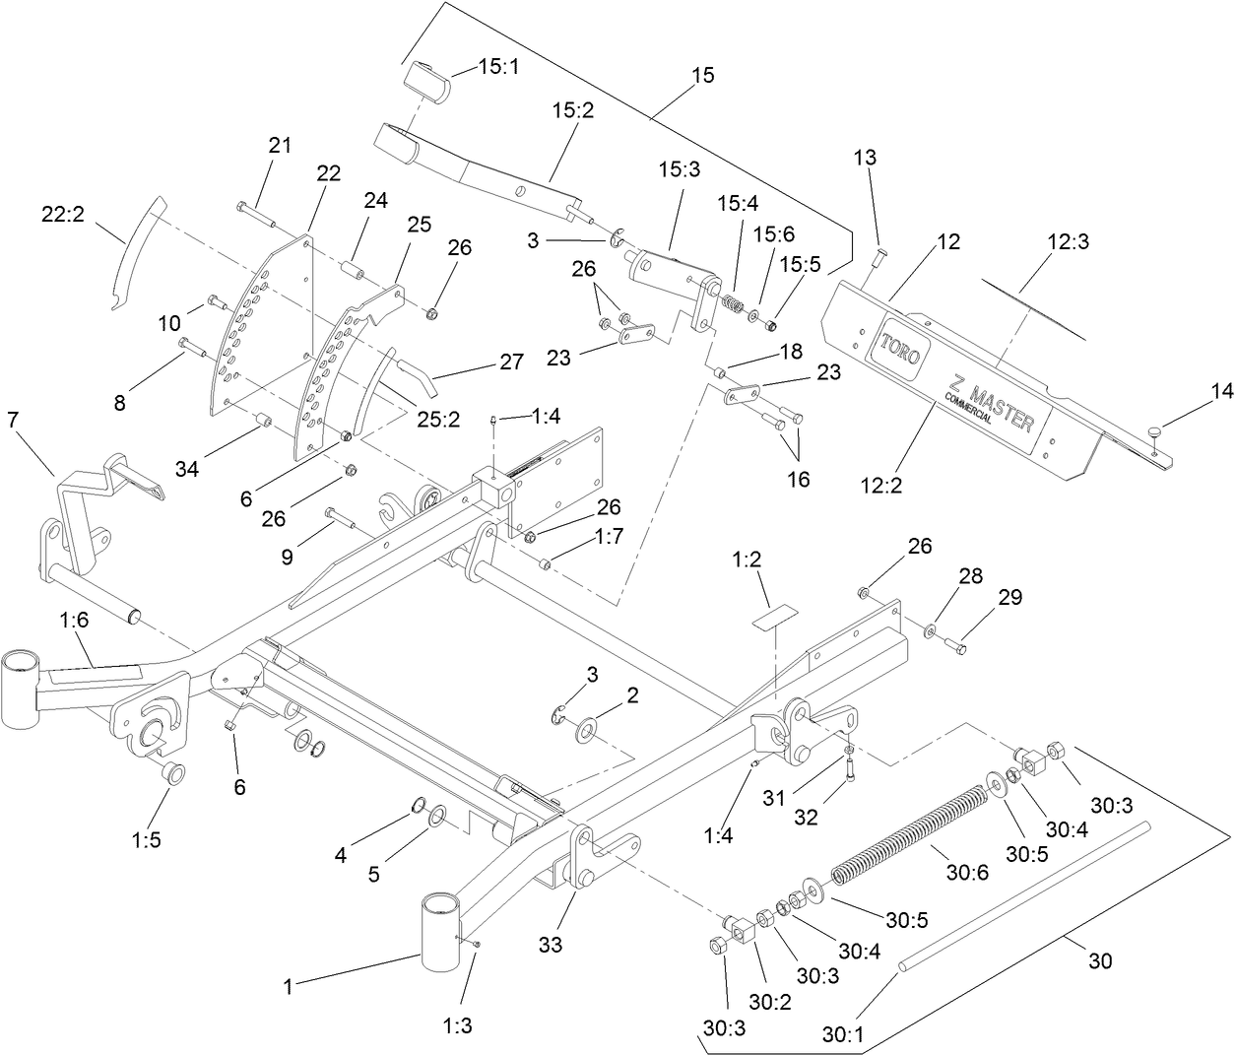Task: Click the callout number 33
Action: click(x=551, y=945)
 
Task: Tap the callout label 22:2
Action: click(x=61, y=212)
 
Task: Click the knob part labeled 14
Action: click(x=1160, y=430)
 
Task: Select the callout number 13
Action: click(x=865, y=158)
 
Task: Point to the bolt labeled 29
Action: click(x=954, y=646)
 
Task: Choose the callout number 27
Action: click(x=510, y=362)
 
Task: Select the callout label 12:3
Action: click(x=1068, y=241)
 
